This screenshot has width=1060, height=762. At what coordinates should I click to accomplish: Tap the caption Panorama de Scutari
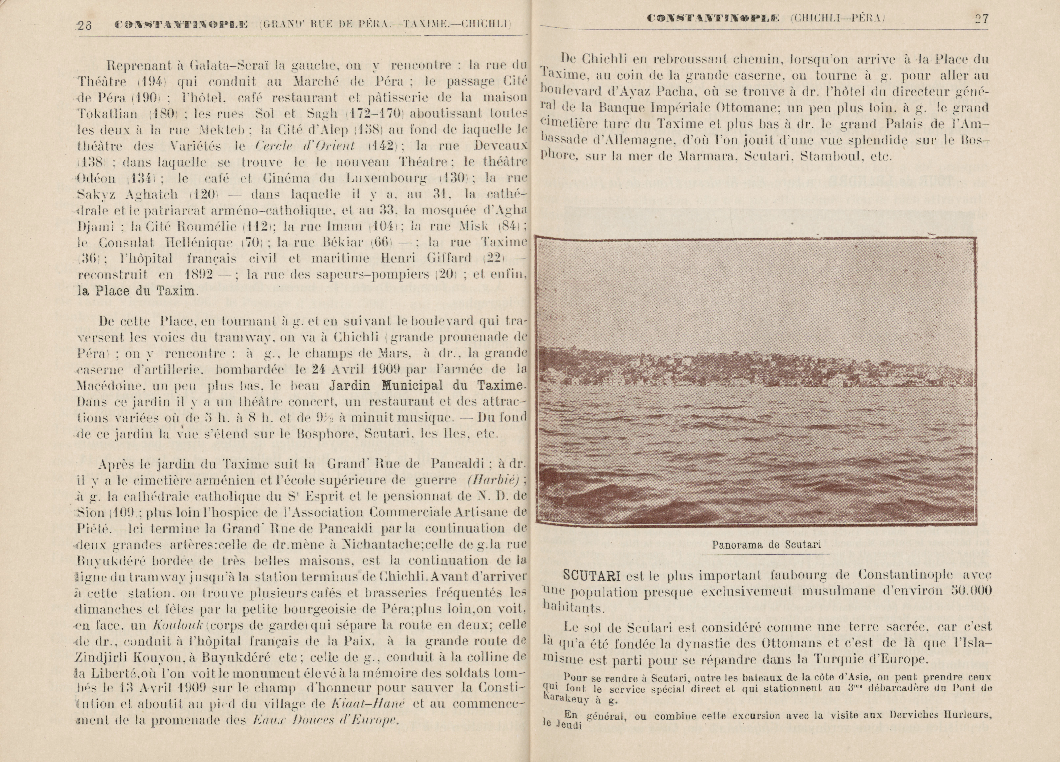point(767,545)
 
